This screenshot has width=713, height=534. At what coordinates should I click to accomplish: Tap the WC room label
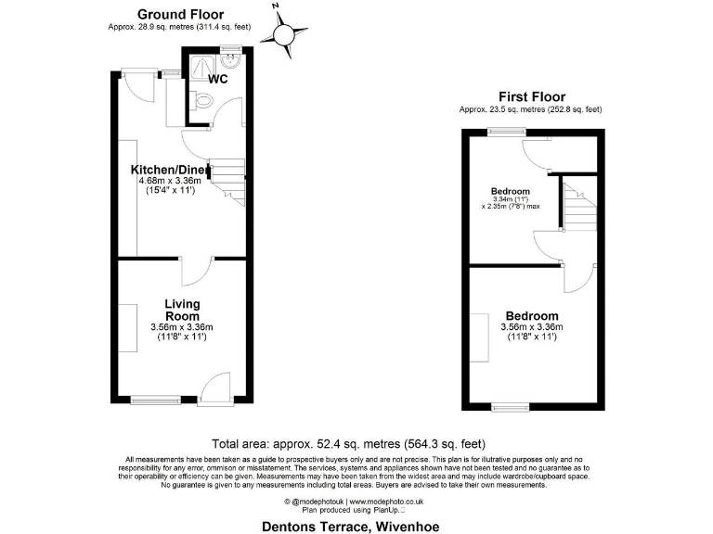pyautogui.click(x=218, y=79)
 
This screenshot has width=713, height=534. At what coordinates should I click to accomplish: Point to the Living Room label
pyautogui.click(x=182, y=310)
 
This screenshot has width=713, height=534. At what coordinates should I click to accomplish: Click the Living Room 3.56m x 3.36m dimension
pyautogui.click(x=182, y=326)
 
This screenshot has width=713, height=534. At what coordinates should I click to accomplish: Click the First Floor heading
pyautogui.click(x=531, y=96)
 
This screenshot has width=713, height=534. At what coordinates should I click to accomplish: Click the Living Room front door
pyautogui.click(x=215, y=387)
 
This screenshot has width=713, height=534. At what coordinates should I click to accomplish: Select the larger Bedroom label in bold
pyautogui.click(x=532, y=315)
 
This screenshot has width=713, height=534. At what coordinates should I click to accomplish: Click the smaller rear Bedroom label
pyautogui.click(x=510, y=193)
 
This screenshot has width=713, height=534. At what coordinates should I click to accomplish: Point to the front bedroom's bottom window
pyautogui.click(x=508, y=406)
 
